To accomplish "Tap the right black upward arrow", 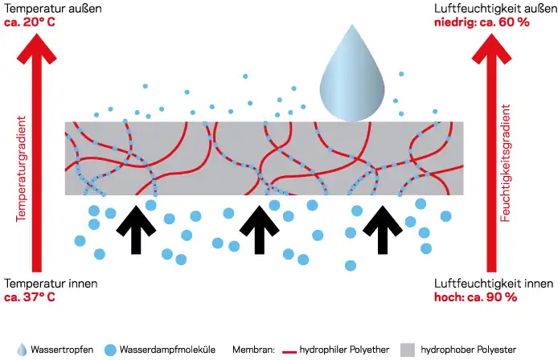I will coord(380,227).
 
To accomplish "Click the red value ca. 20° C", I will coord(29,22).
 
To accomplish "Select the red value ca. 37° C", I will coord(30,297).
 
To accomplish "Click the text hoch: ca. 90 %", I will coord(475,297).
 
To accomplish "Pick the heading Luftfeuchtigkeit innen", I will coord(493,284).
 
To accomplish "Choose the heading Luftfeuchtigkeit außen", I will coord(493,8).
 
